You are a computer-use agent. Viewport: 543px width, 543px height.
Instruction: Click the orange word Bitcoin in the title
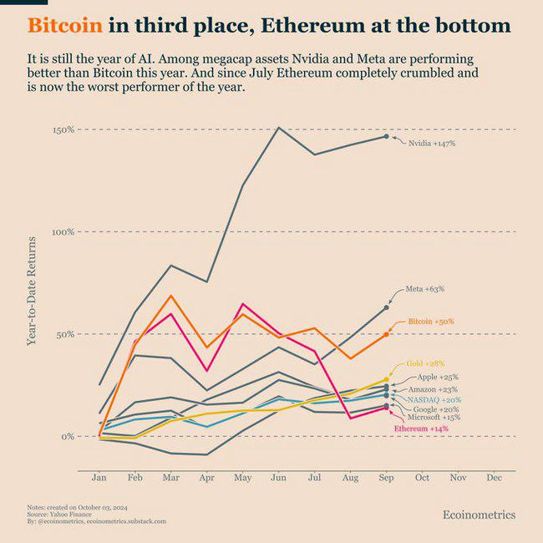pos(65,25)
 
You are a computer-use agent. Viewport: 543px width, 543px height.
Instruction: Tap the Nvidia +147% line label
pos(431,144)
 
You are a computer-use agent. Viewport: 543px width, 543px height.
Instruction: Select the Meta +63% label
pos(424,288)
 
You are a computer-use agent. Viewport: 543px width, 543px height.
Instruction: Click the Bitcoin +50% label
pos(431,321)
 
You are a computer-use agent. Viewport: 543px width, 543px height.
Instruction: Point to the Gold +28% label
pos(425,364)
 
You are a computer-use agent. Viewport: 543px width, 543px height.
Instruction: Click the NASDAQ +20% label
pos(434,400)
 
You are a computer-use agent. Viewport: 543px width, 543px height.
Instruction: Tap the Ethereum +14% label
pos(421,429)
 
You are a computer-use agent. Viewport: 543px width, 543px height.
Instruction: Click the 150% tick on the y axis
pos(63,129)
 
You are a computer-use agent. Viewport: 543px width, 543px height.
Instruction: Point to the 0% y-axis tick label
pos(67,436)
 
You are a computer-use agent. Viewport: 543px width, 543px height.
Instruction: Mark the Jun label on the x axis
pos(278,478)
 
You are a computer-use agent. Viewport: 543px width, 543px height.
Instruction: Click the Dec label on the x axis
pos(493,478)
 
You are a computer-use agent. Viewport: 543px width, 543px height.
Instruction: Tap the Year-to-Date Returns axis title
pos(32,291)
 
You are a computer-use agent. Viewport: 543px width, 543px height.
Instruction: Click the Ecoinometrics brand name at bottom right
pos(479,515)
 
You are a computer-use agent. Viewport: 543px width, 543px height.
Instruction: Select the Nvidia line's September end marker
pos(386,136)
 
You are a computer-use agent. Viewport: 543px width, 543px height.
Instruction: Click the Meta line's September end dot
pos(386,307)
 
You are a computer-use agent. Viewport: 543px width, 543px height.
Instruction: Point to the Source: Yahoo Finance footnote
pos(58,514)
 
